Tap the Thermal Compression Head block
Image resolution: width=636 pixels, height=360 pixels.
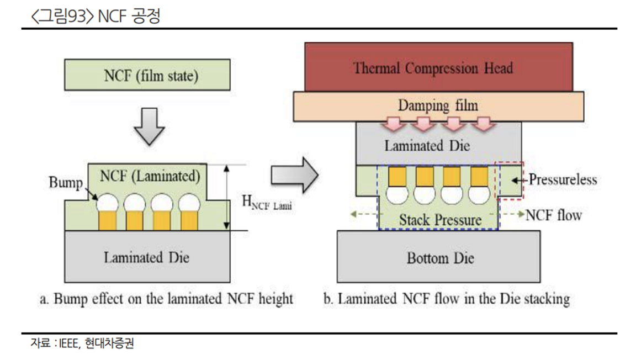coord(433,68)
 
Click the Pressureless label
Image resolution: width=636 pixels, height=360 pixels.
coord(562,179)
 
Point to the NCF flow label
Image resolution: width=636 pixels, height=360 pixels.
coord(553,215)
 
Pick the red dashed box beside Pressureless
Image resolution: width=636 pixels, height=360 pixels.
coord(510,181)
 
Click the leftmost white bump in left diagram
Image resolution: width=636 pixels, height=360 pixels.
coord(107,203)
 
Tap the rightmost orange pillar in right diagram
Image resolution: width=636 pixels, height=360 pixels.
coord(479,177)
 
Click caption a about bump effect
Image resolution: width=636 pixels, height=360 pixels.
coord(167,299)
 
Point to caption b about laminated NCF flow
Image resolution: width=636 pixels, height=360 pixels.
coord(446,299)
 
